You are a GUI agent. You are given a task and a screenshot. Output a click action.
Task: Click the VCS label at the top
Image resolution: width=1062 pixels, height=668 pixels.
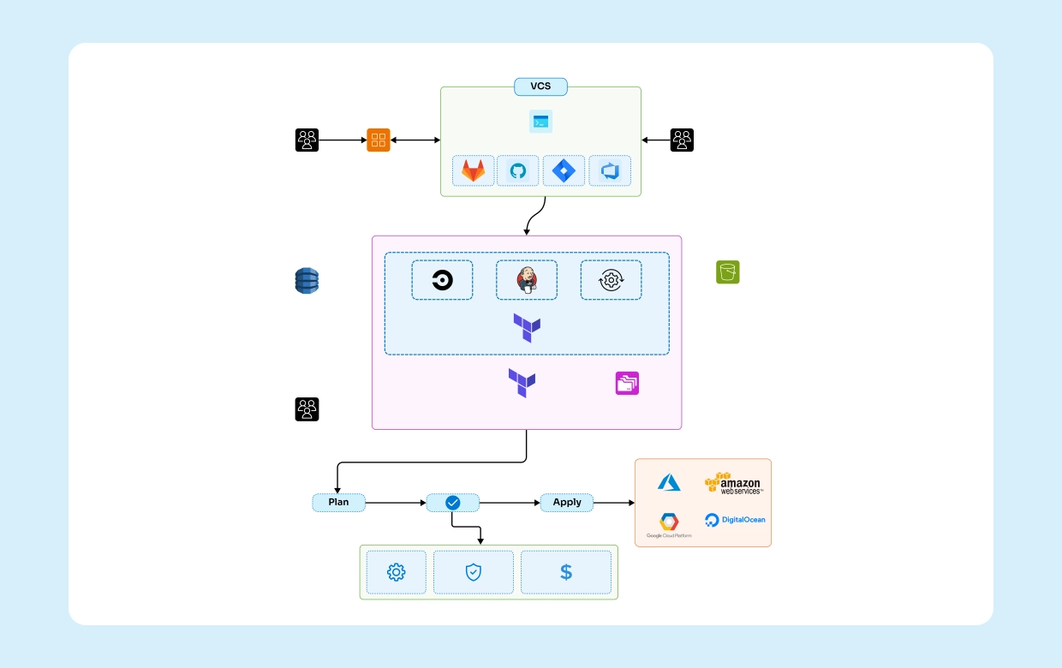[x=540, y=86]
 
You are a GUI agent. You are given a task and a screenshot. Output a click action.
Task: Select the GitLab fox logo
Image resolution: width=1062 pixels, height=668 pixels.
[x=473, y=171]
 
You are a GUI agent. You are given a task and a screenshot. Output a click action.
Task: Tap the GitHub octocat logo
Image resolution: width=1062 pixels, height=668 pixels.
[x=518, y=171]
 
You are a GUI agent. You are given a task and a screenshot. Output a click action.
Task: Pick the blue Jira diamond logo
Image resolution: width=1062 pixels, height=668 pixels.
[x=564, y=171]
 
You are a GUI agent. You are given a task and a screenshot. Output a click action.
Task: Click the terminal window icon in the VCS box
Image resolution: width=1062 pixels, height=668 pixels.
[x=540, y=122]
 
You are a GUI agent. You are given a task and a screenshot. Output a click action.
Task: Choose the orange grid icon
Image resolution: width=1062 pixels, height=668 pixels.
[x=379, y=140]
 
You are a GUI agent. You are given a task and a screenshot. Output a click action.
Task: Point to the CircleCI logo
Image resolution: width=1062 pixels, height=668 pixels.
[x=442, y=280]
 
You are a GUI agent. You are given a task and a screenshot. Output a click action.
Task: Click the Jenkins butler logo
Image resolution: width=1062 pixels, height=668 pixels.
[x=526, y=280]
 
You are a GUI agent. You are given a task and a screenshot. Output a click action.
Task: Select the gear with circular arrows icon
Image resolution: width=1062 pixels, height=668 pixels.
[x=611, y=280]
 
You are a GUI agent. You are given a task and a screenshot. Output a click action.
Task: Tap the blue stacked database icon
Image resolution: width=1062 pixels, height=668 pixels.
[x=307, y=281]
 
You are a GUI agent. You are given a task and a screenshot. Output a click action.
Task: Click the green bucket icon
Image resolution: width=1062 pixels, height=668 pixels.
[x=727, y=272]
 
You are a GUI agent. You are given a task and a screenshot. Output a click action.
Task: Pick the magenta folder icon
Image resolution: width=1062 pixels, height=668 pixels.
[x=627, y=384]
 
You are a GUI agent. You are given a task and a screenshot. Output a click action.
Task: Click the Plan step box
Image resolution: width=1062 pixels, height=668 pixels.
[x=338, y=503]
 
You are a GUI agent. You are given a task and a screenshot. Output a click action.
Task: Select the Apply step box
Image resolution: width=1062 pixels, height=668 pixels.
[x=566, y=503]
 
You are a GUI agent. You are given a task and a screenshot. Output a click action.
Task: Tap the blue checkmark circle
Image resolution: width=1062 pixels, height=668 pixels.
[x=453, y=503]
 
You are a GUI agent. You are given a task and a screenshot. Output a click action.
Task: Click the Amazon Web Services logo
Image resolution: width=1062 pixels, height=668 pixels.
[x=733, y=484]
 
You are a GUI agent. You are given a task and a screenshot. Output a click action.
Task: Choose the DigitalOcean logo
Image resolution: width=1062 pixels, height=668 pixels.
[x=734, y=520]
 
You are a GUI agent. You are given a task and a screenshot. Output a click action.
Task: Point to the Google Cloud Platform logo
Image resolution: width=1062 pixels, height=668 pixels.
[x=669, y=525]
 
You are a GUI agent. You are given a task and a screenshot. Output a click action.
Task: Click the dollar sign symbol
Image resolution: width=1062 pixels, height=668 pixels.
[x=566, y=572]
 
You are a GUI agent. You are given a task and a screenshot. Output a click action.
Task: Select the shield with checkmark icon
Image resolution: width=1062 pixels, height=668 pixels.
[x=474, y=572]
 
